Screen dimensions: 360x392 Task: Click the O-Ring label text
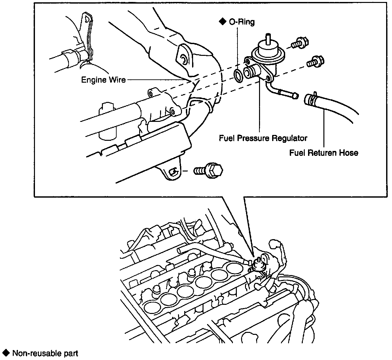(242, 22)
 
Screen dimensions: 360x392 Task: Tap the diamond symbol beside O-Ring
(222, 22)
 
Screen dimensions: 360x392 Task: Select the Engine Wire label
(103, 80)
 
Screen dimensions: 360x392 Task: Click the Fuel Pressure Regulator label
(263, 138)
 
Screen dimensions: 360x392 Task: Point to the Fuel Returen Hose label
(323, 153)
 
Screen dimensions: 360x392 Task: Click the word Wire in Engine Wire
(117, 80)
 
